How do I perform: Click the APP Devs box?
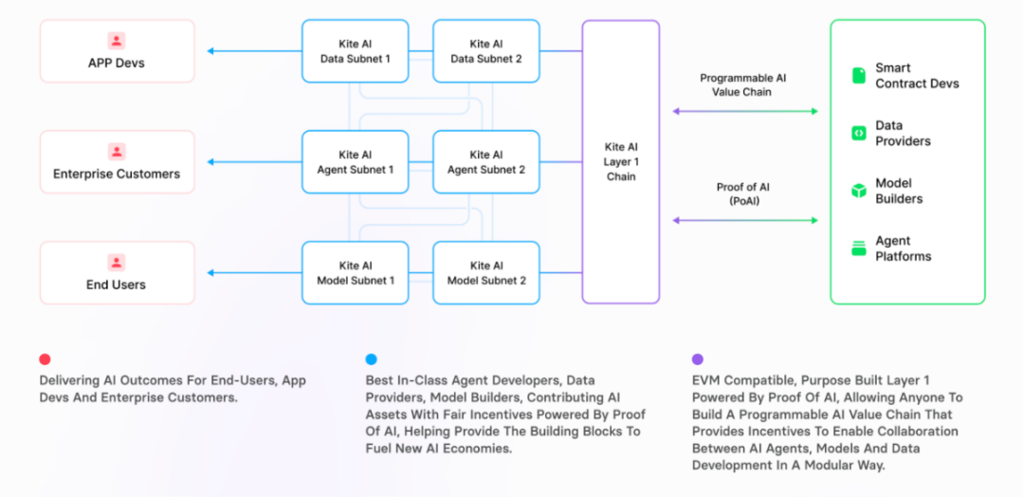[117, 51]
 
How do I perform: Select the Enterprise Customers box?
[117, 162]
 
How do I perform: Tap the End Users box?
[117, 273]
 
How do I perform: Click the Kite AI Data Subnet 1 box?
[355, 51]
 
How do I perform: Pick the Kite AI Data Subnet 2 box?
[485, 51]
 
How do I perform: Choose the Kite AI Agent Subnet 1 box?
[355, 162]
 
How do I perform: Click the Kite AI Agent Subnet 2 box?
[485, 162]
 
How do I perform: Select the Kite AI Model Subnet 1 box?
[355, 273]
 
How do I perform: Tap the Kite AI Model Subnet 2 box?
[485, 273]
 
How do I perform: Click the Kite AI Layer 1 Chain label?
[621, 162]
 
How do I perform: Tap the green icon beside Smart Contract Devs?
[858, 75]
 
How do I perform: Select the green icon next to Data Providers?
[858, 133]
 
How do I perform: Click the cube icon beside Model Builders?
[858, 191]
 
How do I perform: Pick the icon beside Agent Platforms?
[858, 248]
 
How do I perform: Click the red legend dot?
[45, 359]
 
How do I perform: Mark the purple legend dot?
[697, 359]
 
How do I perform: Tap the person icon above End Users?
[117, 263]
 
